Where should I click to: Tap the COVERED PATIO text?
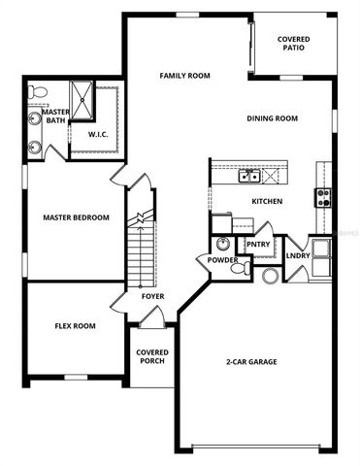point(293,44)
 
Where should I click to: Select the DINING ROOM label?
point(272,119)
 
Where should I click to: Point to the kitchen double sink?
point(250,177)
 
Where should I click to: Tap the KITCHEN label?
point(267,202)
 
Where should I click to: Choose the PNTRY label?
point(258,245)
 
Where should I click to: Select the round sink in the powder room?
point(223,244)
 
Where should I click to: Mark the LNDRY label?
point(296,256)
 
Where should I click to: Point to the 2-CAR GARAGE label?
point(252,362)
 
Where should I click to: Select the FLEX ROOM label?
point(75,326)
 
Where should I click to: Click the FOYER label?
point(152,296)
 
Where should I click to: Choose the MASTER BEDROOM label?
point(76,217)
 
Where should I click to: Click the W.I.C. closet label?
point(98,135)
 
